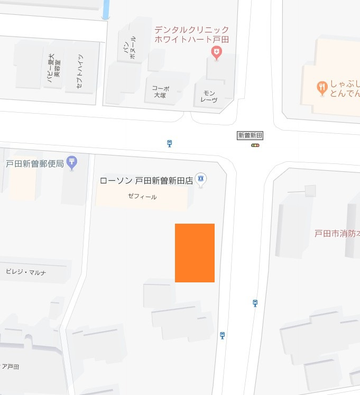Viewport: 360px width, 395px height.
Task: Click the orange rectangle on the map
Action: click(195, 253)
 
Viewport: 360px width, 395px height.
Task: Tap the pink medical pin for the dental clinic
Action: click(216, 52)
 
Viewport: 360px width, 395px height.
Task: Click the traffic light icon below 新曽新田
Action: click(255, 145)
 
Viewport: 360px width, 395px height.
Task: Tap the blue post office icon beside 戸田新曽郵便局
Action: click(72, 162)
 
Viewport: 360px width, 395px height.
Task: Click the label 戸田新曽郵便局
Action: click(35, 163)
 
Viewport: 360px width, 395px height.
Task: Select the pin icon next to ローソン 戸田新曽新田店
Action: click(200, 179)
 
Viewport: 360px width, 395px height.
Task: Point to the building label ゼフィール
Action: click(142, 197)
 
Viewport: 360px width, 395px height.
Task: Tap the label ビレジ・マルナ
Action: click(26, 272)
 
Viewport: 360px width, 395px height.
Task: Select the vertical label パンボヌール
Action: click(129, 46)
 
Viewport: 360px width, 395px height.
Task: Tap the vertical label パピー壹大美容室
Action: click(54, 70)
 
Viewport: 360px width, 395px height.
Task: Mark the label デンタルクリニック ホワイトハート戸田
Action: click(191, 34)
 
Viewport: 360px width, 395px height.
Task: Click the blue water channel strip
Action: click(106, 10)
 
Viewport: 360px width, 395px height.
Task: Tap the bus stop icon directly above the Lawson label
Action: click(169, 143)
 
